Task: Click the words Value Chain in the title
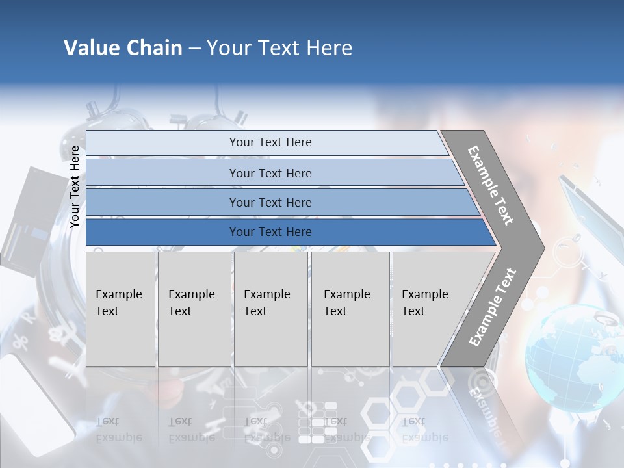coord(123,48)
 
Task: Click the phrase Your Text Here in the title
coord(279,48)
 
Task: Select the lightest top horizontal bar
coord(266,142)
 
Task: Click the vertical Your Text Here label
coord(75,187)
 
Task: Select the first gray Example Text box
coord(120,308)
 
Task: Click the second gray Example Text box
coord(194,308)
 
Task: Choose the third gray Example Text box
coord(270,308)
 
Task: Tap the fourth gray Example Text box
coord(350,308)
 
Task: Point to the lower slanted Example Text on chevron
coord(492,307)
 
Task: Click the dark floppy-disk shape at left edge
coord(29,221)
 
